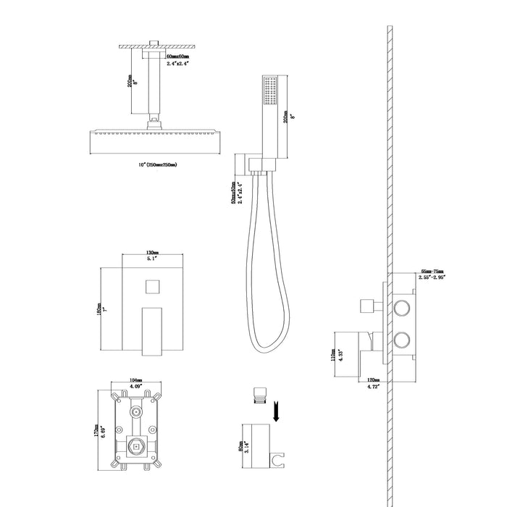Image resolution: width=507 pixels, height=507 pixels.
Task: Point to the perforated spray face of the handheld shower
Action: pos(272,92)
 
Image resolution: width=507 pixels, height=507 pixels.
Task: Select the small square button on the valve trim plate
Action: pos(151,287)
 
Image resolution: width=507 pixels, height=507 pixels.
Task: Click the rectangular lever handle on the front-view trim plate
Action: pos(151,330)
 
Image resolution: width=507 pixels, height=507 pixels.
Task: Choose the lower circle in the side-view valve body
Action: pos(402,340)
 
